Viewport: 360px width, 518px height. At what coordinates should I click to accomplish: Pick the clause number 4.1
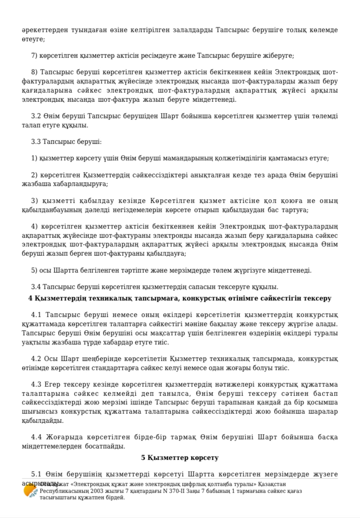tap(36, 315)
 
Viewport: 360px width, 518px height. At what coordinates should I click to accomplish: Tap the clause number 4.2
tap(36, 359)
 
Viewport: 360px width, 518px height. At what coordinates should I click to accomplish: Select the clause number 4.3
tap(36, 384)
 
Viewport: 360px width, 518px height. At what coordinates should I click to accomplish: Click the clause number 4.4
tap(36, 437)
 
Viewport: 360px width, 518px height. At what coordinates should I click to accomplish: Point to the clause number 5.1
tap(36, 474)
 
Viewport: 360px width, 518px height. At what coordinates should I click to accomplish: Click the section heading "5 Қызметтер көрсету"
tap(180, 458)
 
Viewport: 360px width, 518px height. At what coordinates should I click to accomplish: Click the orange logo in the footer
tap(31, 491)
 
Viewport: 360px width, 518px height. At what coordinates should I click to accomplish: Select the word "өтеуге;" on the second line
tap(33, 39)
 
